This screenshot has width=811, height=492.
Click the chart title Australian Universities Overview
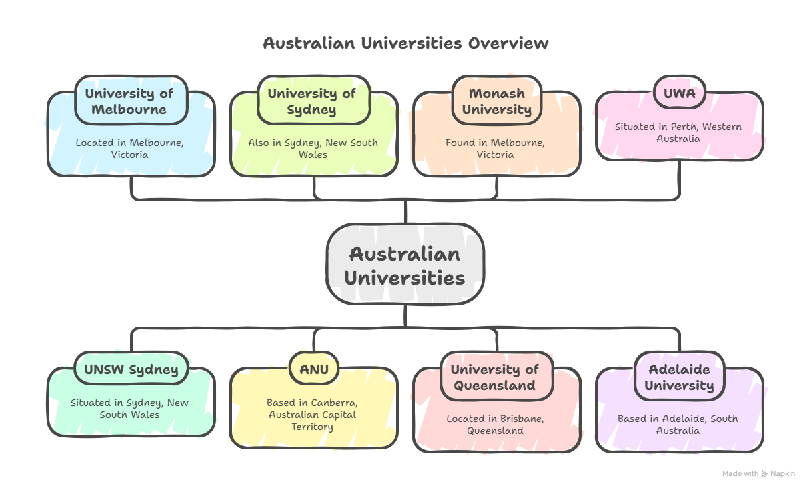(x=405, y=43)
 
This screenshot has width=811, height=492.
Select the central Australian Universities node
(x=405, y=265)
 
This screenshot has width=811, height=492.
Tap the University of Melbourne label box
(x=129, y=101)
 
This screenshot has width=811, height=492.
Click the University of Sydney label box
(x=312, y=101)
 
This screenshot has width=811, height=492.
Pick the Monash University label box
(x=496, y=101)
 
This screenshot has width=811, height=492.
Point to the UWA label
(x=679, y=93)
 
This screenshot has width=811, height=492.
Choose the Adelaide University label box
(x=679, y=377)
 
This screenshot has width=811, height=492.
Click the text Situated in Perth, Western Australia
(x=678, y=133)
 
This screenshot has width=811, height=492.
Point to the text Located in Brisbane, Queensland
(x=495, y=425)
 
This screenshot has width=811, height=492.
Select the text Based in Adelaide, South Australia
(x=678, y=425)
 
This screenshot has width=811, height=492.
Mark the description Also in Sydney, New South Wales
(x=313, y=149)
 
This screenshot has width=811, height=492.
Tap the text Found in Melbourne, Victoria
(x=495, y=149)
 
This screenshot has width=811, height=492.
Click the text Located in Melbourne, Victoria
(x=129, y=149)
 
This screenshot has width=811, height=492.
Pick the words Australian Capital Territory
(x=313, y=420)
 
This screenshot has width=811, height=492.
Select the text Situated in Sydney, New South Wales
(x=129, y=409)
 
